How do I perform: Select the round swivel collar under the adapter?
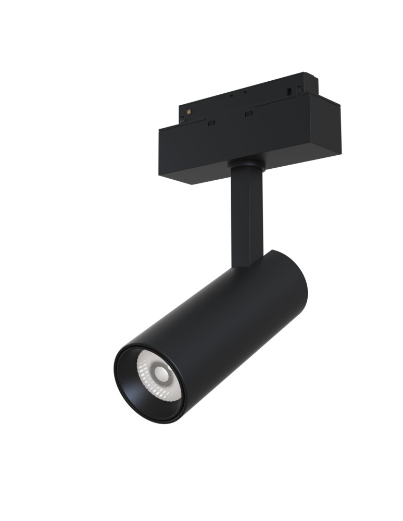point(246,166)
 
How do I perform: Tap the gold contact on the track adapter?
point(190,111)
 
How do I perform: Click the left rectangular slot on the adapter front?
point(211,124)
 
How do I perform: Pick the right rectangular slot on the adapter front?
point(248,114)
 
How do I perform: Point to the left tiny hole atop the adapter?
point(231,96)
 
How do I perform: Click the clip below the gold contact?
point(182,120)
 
